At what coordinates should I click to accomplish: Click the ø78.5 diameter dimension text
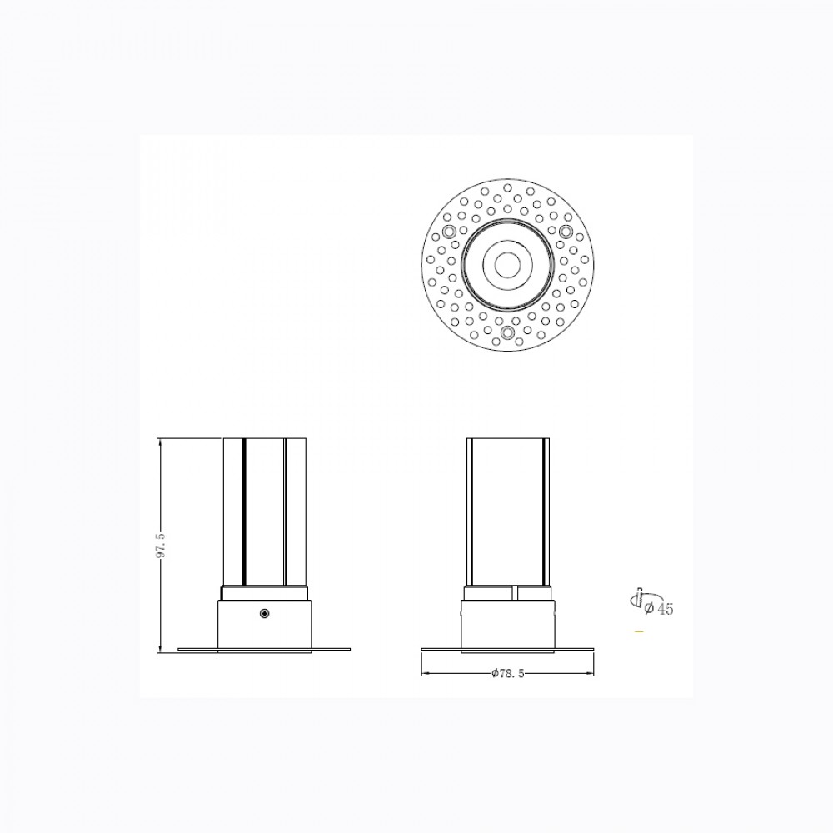[508, 674]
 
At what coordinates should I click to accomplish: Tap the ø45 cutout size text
[659, 609]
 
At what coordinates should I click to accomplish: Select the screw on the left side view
[265, 614]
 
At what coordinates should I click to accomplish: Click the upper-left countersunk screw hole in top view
[450, 232]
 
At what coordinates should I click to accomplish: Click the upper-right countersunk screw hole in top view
[566, 231]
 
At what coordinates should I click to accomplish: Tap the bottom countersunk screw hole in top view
[508, 332]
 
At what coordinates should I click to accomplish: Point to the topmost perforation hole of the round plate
[508, 187]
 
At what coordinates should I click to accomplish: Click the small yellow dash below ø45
[639, 631]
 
